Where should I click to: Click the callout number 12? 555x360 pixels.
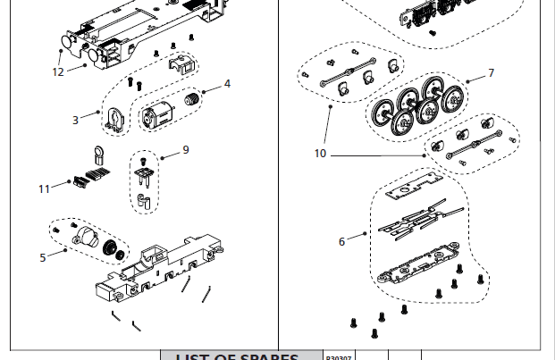58,72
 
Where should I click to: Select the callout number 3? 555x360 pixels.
76,119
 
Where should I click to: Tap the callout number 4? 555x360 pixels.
227,84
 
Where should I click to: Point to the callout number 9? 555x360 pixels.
186,149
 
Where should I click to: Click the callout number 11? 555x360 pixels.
45,188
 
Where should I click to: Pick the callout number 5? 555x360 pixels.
42,258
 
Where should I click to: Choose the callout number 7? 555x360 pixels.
491,72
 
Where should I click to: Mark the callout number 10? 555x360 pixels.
320,154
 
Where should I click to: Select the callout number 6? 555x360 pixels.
341,241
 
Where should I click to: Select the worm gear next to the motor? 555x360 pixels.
191,100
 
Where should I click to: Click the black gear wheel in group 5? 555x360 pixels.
112,247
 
